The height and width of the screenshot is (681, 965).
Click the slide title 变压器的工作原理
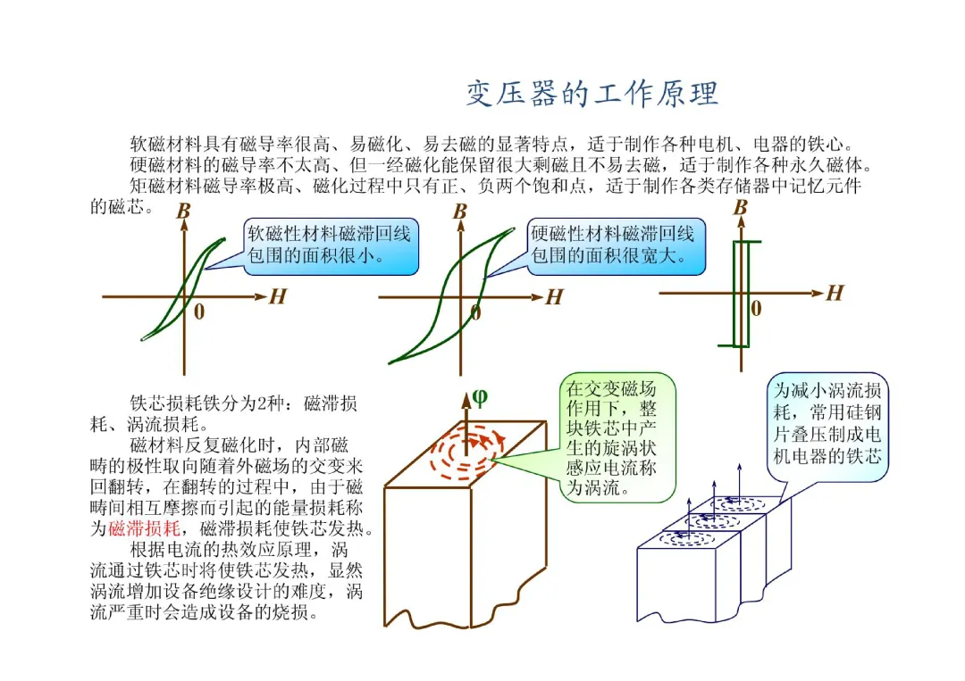click(592, 94)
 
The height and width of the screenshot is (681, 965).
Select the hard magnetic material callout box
click(616, 245)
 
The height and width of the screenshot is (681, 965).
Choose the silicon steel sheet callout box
click(828, 424)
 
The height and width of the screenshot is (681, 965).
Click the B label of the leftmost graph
click(182, 212)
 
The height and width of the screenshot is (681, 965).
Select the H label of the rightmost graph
click(835, 293)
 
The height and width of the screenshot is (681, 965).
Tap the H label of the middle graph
click(554, 297)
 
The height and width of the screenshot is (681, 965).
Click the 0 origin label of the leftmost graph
click(198, 311)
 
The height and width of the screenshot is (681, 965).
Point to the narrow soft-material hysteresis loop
click(183, 290)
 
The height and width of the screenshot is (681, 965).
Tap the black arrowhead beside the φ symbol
click(466, 399)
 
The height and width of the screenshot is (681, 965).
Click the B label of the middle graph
click(459, 212)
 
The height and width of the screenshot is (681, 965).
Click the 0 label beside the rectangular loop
click(756, 309)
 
